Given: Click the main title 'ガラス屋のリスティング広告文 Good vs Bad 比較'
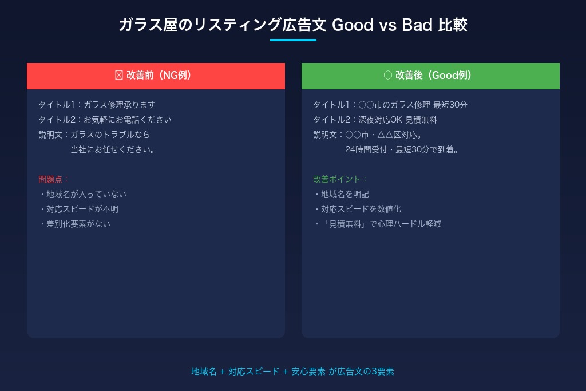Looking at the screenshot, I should click(293, 25).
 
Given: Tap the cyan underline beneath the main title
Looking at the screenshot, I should click(293, 40).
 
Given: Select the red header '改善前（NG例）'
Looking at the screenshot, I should click(156, 76).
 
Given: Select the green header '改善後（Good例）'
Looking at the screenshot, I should click(430, 76).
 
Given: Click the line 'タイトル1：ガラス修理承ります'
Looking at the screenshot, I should click(97, 105).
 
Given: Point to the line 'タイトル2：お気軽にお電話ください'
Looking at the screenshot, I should click(105, 120).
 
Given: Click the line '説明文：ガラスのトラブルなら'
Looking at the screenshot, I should click(94, 135).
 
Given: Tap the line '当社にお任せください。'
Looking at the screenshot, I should click(113, 149).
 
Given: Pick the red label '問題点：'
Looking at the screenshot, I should click(53, 179).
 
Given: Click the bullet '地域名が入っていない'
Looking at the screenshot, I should click(82, 194).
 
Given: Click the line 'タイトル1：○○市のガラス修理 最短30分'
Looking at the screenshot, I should click(390, 105).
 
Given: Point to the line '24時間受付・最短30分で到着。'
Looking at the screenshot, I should click(402, 149).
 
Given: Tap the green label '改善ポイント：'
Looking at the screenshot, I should click(340, 179).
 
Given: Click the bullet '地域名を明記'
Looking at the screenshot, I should click(341, 194).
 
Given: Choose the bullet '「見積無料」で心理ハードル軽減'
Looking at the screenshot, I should click(377, 224).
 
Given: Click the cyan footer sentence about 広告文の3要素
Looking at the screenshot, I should click(293, 372).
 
